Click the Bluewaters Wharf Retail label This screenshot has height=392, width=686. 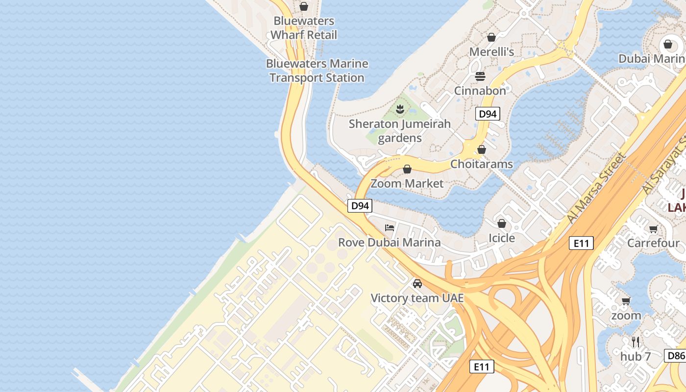tap(304, 28)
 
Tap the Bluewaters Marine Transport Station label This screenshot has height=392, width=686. tap(317, 71)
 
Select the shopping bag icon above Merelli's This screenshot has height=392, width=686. tap(491, 37)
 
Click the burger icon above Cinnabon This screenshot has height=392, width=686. tap(480, 76)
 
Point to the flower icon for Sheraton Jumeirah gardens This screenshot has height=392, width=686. tap(400, 109)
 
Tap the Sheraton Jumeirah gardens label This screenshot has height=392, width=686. tap(400, 131)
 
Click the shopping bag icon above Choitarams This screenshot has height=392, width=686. tap(482, 149)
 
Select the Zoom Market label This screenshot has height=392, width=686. tap(407, 184)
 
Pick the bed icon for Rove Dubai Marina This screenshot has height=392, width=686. tap(390, 228)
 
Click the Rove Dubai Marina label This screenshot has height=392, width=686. tap(390, 243)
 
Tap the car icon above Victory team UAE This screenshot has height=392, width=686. tap(417, 283)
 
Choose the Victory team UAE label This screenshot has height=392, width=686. tap(417, 298)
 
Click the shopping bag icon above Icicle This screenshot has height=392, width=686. tap(502, 223)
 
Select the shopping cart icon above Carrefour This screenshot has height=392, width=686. tap(653, 229)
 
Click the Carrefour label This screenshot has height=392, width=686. tap(654, 243)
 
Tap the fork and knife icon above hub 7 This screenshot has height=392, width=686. tap(636, 342)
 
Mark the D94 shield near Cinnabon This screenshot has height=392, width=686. tap(488, 114)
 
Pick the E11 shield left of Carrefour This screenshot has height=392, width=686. tap(581, 243)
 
